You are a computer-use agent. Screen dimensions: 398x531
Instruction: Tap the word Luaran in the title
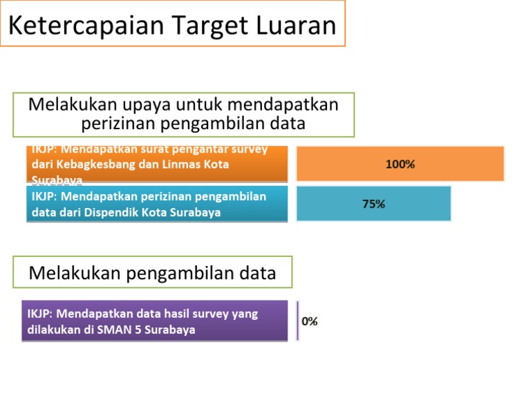(293, 26)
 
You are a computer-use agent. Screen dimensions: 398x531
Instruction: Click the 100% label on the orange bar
(400, 164)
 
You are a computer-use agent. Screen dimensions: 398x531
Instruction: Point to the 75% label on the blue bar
(373, 204)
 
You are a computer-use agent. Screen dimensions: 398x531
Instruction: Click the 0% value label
(310, 321)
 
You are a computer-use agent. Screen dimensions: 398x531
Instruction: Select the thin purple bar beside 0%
(297, 321)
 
